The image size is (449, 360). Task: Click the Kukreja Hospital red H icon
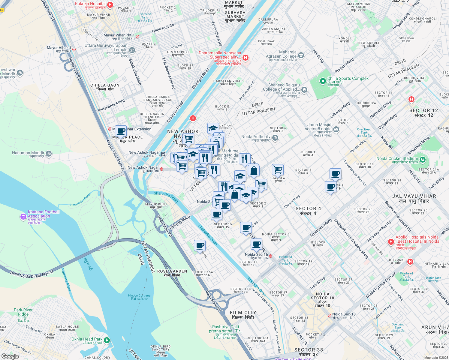(110, 5)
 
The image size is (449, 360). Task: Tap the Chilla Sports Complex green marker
(323, 81)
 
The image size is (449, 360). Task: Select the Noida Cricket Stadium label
(397, 158)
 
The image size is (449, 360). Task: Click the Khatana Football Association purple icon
(23, 217)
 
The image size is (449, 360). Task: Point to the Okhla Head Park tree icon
(107, 340)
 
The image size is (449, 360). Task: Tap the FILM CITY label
(243, 313)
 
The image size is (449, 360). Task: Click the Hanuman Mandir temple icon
(49, 154)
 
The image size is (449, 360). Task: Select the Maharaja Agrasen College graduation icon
(301, 55)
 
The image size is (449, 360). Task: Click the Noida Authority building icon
(276, 138)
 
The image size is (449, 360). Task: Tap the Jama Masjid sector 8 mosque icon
(336, 129)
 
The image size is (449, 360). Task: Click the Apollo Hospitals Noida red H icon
(391, 241)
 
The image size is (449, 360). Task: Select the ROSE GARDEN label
(172, 271)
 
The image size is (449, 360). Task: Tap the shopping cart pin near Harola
(278, 169)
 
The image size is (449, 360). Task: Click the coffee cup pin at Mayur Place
(121, 131)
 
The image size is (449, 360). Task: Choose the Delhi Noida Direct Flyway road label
(32, 274)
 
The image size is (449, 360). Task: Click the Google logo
(10, 356)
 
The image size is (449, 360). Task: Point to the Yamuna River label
(66, 280)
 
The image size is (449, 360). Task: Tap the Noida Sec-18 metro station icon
(330, 316)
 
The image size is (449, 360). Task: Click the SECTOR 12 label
(423, 110)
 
